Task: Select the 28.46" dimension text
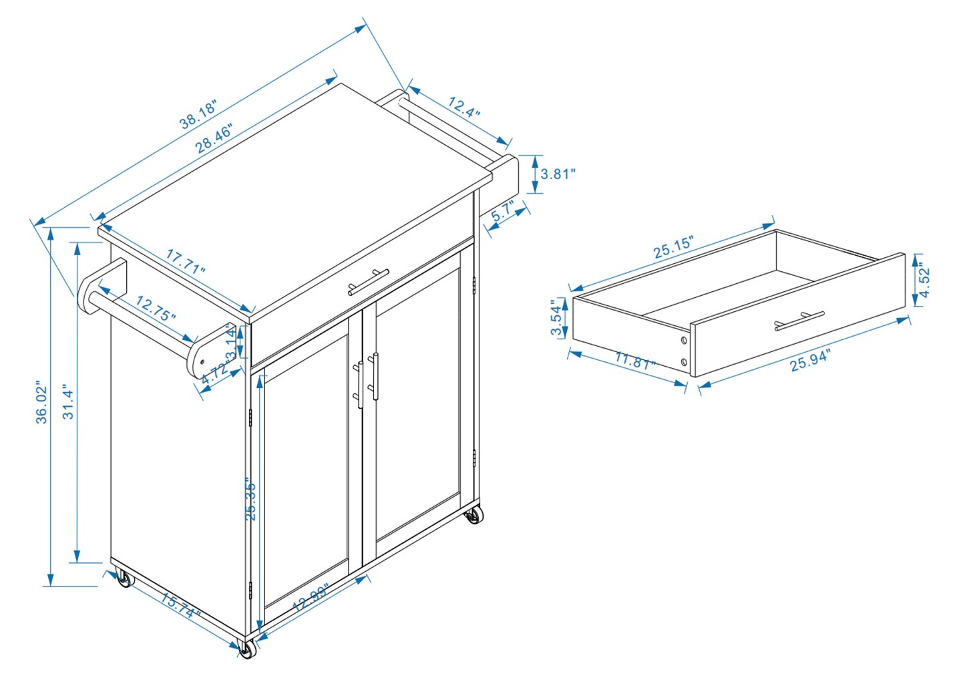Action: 214,139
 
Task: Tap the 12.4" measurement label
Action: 464,108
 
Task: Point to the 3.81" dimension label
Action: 558,174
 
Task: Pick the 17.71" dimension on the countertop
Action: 186,262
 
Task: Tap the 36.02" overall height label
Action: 43,403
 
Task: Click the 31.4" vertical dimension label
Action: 69,401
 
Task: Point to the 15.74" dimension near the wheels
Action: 179,605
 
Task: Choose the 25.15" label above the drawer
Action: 673,247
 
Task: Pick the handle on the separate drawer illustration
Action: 799,321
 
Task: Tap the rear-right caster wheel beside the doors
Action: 474,516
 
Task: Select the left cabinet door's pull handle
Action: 361,384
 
